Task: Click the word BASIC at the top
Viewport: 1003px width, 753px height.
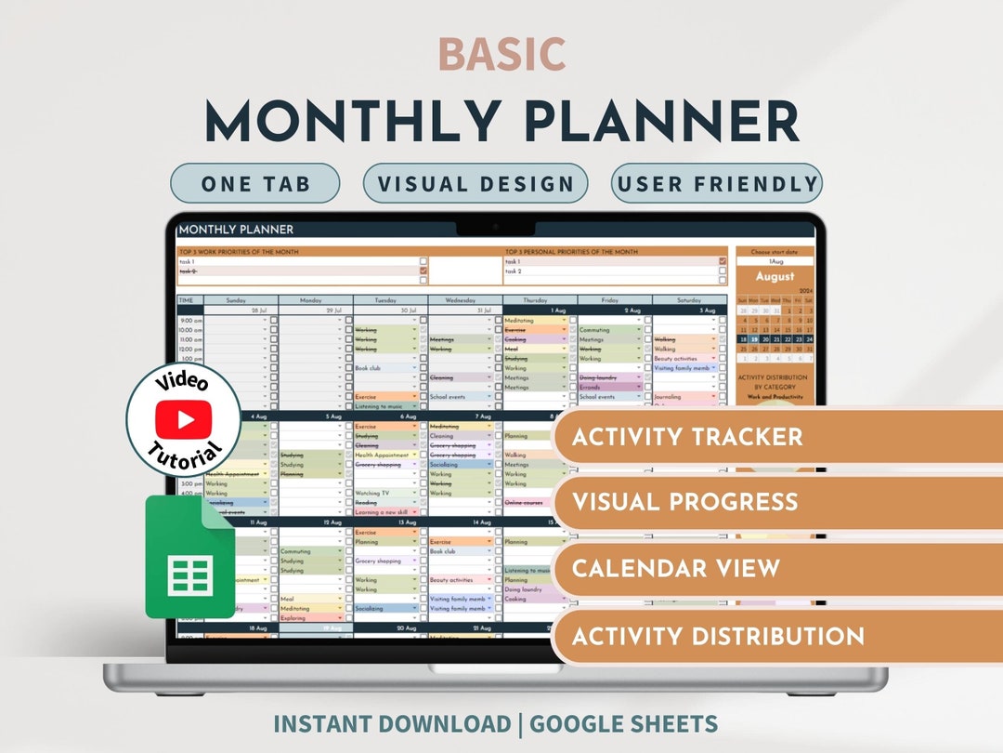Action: tap(501, 55)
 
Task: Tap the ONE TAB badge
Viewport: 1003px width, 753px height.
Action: tap(255, 183)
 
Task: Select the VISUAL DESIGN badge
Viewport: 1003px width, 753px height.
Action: tap(475, 183)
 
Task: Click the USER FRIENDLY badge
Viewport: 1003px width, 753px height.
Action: tap(716, 183)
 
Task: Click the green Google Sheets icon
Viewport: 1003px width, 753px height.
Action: tap(189, 557)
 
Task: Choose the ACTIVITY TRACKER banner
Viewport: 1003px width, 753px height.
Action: tap(687, 436)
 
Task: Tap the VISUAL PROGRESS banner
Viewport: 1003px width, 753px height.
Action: tap(684, 502)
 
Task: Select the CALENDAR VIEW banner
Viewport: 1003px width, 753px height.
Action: tap(675, 568)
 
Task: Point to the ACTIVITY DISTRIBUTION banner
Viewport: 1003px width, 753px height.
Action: tap(718, 636)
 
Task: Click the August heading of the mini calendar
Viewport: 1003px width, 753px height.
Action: tap(775, 276)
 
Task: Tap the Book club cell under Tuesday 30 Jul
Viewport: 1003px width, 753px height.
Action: tap(381, 368)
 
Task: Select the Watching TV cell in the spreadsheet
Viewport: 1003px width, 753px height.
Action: tap(381, 493)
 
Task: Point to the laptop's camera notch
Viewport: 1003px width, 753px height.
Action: tap(495, 227)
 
